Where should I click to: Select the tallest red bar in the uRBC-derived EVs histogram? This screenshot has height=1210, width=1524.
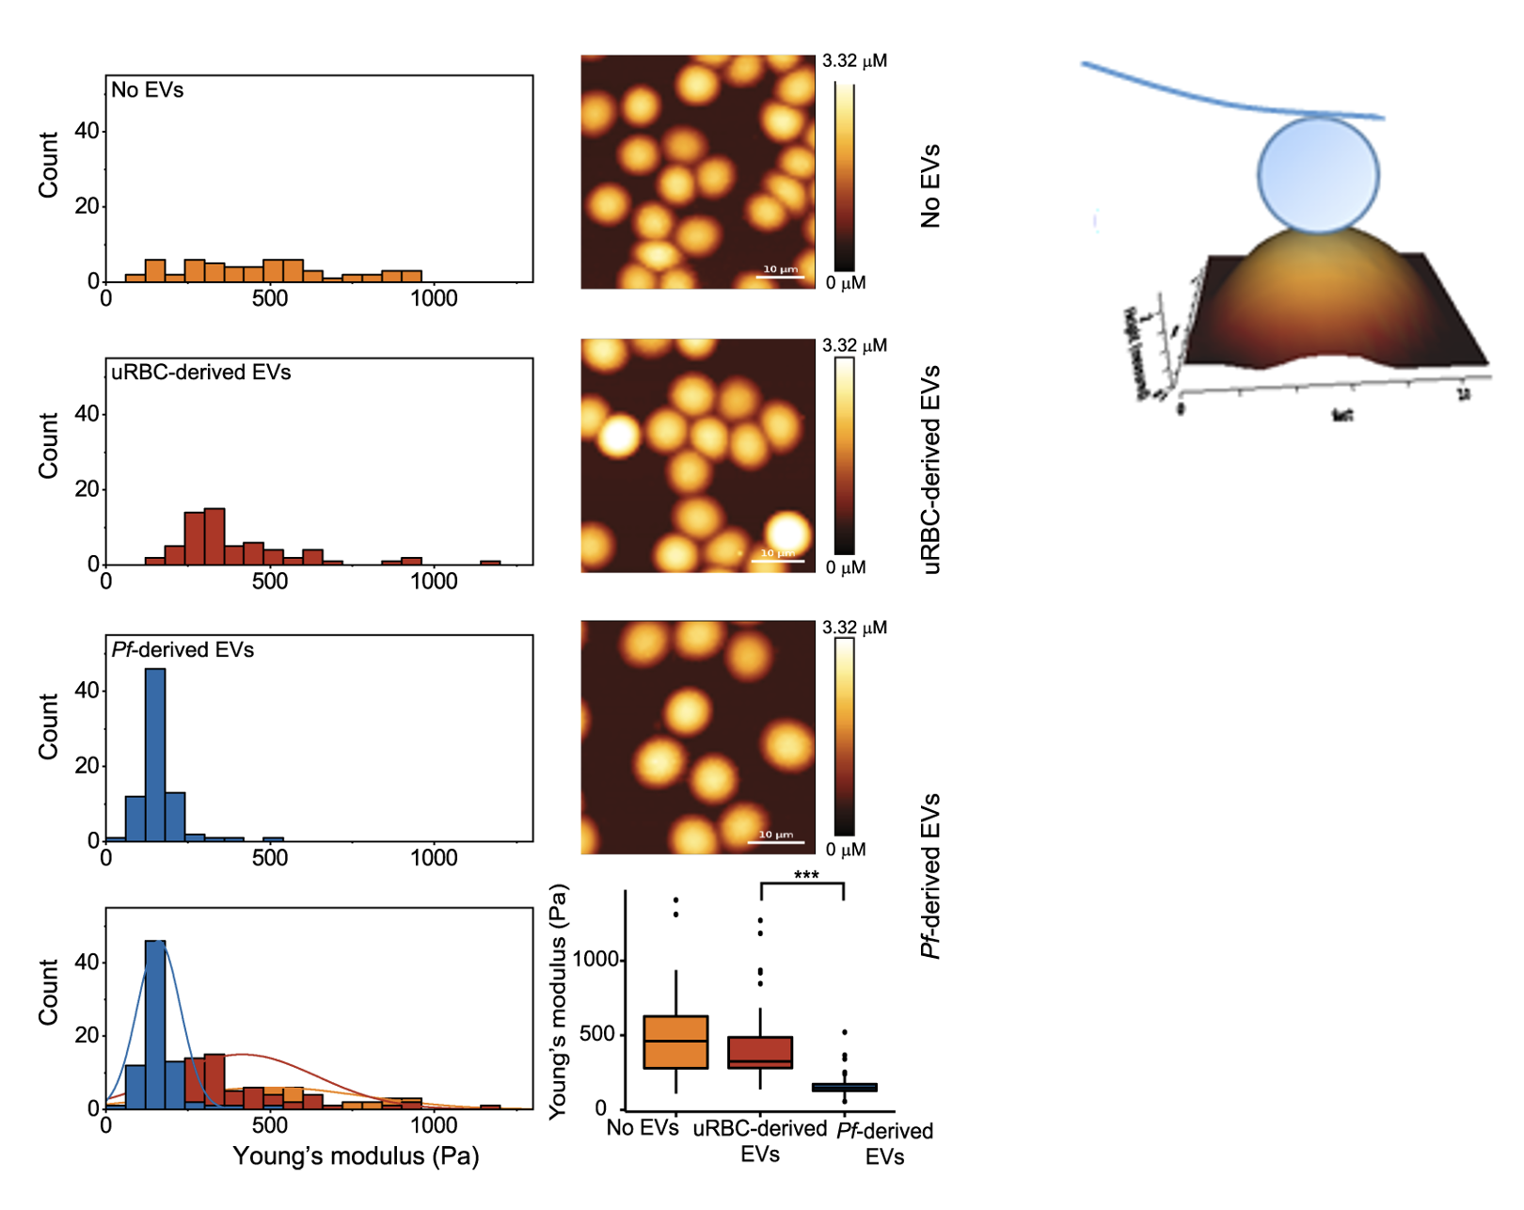click(214, 536)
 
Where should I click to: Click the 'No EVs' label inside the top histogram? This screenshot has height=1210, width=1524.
click(148, 90)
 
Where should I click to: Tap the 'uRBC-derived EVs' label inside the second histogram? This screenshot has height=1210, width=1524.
click(201, 373)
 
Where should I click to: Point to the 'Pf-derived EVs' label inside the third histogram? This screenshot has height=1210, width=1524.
click(183, 650)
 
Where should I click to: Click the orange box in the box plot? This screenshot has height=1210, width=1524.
click(675, 1042)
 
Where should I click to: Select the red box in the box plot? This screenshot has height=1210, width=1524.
click(760, 1052)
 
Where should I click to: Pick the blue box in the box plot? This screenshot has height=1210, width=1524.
click(844, 1087)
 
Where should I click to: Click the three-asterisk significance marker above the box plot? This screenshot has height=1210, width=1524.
click(806, 876)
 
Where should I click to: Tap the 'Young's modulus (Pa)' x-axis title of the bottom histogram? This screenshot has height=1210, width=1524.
click(356, 1155)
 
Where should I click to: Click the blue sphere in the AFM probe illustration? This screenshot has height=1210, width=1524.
click(1318, 174)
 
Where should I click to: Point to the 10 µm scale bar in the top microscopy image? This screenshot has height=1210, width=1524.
click(781, 277)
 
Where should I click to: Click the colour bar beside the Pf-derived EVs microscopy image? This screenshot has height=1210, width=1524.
click(845, 737)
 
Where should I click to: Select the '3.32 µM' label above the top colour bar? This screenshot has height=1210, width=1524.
click(854, 61)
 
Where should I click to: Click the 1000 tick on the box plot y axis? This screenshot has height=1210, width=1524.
click(595, 960)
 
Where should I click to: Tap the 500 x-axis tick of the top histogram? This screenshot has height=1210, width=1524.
click(270, 299)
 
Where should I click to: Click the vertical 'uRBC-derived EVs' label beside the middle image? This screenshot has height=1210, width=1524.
click(931, 469)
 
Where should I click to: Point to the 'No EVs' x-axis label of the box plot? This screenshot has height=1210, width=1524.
click(643, 1127)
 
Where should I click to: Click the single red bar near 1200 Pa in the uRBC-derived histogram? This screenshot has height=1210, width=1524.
click(490, 563)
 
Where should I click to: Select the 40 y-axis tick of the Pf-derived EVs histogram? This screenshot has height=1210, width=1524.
click(87, 691)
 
